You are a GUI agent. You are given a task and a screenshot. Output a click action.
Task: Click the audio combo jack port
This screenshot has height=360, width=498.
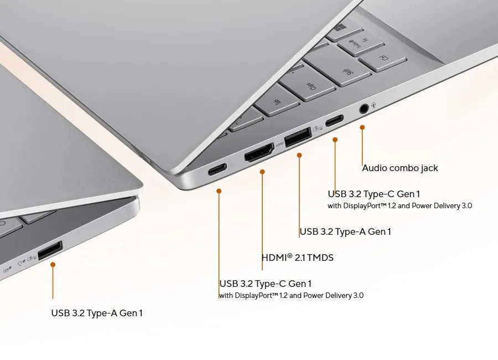(364, 109)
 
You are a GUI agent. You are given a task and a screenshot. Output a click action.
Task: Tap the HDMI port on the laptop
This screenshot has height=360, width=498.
(259, 152)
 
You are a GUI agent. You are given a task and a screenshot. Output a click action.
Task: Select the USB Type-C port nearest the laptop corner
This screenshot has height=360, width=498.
(217, 169)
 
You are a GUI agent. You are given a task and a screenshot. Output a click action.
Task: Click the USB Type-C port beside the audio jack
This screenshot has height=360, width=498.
(334, 121)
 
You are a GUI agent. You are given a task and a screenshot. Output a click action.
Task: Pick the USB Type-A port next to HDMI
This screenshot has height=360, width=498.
(298, 137)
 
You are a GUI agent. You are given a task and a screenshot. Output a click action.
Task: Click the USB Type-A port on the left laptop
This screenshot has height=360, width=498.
(50, 250)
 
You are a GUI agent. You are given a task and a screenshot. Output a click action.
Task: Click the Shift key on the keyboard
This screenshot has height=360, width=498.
(338, 66)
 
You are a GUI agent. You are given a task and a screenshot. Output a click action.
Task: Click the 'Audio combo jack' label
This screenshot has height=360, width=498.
(400, 168)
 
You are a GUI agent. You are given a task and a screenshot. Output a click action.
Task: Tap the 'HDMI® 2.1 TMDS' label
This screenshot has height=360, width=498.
(298, 258)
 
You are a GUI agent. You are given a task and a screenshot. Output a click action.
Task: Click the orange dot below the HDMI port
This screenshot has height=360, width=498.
(262, 172)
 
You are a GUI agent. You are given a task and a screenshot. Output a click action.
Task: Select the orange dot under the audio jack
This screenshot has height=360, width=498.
(362, 127)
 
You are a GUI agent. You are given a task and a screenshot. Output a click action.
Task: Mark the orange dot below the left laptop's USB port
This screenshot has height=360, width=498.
(53, 265)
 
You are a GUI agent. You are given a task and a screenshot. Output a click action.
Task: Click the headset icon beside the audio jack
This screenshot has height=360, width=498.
(374, 105)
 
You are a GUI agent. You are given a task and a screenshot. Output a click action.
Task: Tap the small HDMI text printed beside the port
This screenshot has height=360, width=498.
(279, 145)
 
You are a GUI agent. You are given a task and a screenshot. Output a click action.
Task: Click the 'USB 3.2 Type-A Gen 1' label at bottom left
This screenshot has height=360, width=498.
(97, 313)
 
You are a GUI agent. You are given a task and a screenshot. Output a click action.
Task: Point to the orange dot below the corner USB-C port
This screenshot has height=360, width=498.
(219, 191)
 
